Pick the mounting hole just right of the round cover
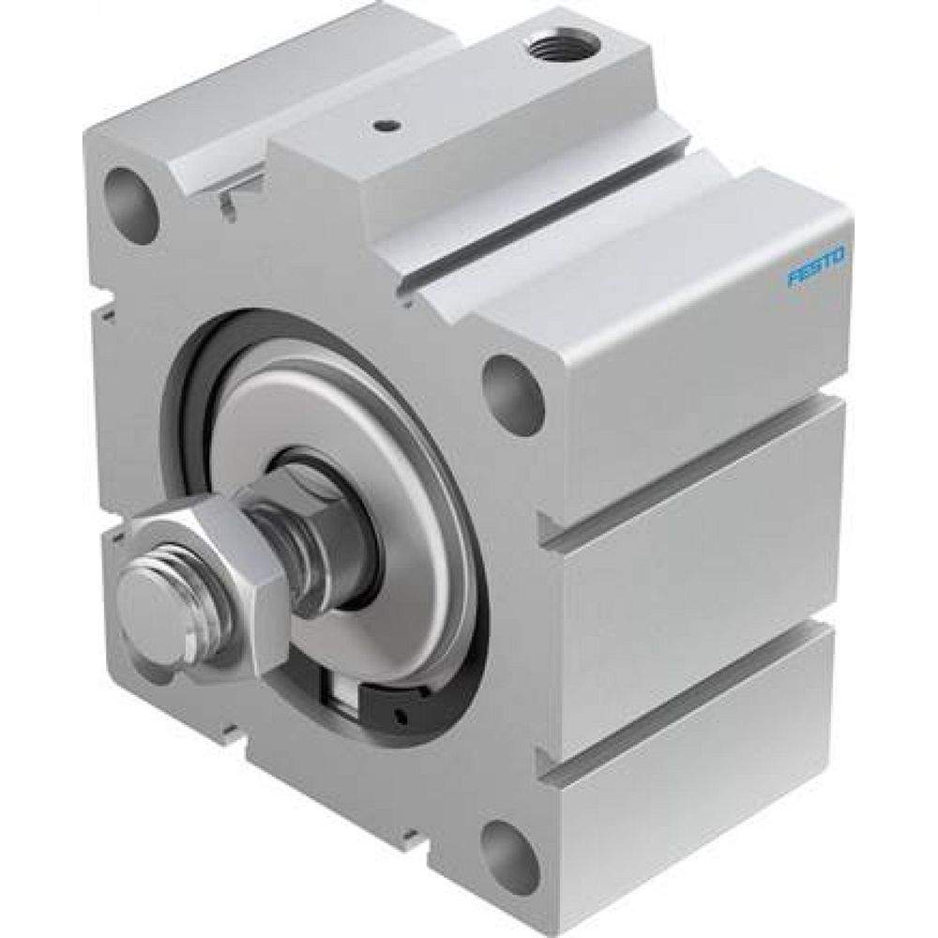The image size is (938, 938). pos(513,395)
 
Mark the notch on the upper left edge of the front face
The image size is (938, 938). pos(105,302)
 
